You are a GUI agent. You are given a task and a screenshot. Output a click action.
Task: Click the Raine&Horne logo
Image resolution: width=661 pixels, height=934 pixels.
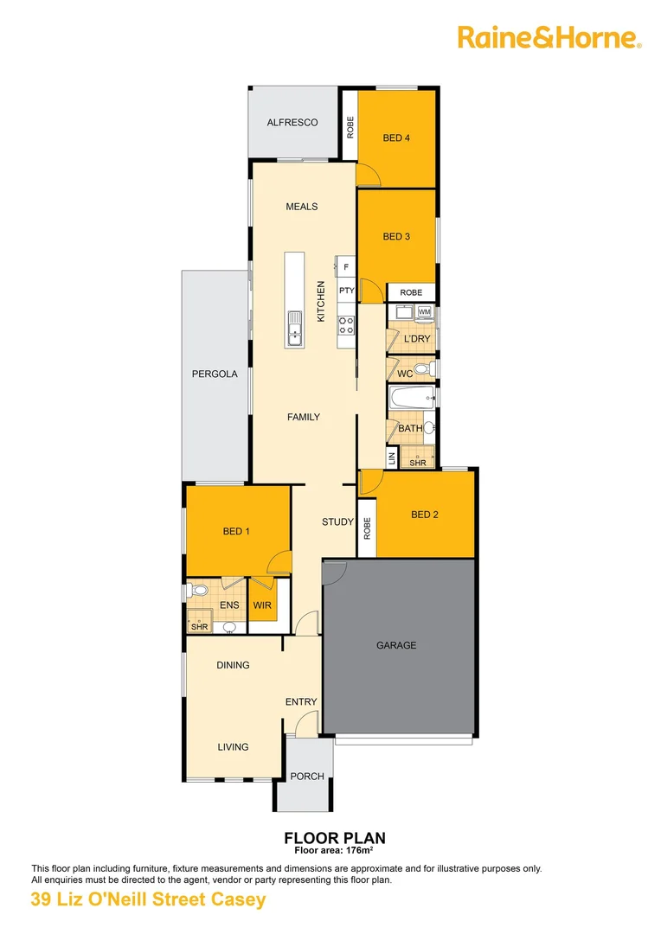point(549,37)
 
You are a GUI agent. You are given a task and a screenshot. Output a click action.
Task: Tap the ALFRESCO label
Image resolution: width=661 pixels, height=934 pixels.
point(292,123)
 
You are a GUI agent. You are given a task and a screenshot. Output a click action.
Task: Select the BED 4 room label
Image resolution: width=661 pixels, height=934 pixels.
point(396,138)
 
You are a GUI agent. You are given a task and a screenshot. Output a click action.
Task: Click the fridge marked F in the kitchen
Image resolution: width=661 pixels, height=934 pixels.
point(346,267)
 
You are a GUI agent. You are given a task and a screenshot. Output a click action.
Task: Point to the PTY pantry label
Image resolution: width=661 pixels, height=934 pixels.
point(346,291)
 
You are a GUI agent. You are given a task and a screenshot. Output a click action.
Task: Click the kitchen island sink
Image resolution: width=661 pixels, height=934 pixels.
point(295,328)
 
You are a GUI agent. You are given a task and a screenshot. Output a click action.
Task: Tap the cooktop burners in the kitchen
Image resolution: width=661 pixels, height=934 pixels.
point(346,325)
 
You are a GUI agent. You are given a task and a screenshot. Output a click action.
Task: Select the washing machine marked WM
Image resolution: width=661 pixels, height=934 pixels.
point(424,311)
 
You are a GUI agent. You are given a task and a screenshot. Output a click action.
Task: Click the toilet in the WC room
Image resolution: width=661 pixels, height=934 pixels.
point(421,370)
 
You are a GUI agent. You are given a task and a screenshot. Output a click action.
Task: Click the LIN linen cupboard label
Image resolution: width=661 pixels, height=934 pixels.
point(392,457)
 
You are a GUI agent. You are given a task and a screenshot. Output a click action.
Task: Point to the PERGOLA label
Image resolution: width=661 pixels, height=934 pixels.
point(215,374)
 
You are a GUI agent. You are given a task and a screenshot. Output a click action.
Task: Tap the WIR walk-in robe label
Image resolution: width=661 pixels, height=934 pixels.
point(262,605)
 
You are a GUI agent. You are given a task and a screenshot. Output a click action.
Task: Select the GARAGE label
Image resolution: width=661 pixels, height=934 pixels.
point(396,645)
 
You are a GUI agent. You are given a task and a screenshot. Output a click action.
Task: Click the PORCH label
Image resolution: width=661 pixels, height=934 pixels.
point(306,777)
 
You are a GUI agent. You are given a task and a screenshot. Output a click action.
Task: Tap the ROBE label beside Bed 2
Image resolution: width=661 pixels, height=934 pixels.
point(367,528)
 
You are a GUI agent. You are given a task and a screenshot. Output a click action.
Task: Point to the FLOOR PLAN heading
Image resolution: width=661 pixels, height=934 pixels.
point(335,838)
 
